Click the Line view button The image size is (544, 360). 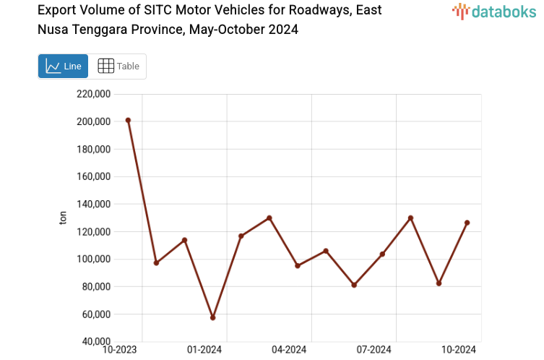pyautogui.click(x=63, y=66)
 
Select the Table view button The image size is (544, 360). pyautogui.click(x=118, y=66)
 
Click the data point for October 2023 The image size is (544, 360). pyautogui.click(x=128, y=120)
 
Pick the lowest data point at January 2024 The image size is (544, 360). pyautogui.click(x=212, y=317)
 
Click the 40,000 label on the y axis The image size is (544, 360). pyautogui.click(x=94, y=341)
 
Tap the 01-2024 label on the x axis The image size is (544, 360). pyautogui.click(x=205, y=350)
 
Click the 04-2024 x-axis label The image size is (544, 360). pyautogui.click(x=290, y=350)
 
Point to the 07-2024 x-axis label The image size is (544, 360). pyautogui.click(x=374, y=350)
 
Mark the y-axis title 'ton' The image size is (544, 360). pyautogui.click(x=63, y=218)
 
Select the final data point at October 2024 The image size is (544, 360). pyautogui.click(x=467, y=223)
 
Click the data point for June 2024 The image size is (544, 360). pyautogui.click(x=354, y=285)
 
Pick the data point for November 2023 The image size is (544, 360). pyautogui.click(x=156, y=262)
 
